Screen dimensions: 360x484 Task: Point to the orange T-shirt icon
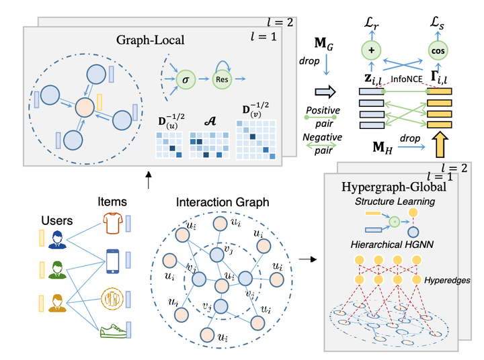(114, 222)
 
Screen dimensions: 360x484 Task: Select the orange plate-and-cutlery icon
(114, 297)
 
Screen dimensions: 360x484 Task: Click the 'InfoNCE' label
(405, 79)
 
